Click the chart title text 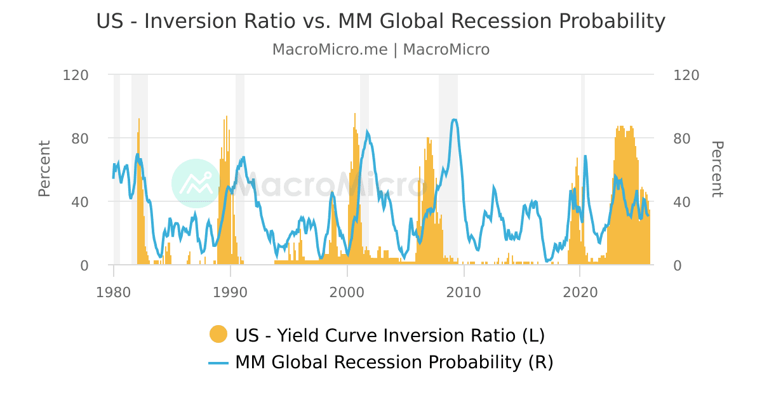381,22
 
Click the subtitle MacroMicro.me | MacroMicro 381,50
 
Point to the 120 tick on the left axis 76,75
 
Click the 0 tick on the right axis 678,265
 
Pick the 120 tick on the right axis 685,75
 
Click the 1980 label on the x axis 114,292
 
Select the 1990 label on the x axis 231,292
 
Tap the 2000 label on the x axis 347,292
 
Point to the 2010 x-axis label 464,292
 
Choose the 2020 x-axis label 580,292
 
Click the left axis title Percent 44,169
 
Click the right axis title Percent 717,169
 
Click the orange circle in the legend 218,335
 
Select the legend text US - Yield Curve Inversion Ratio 389,335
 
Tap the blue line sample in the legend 218,363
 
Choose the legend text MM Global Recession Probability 394,363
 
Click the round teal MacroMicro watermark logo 196,183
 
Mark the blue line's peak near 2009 454,119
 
